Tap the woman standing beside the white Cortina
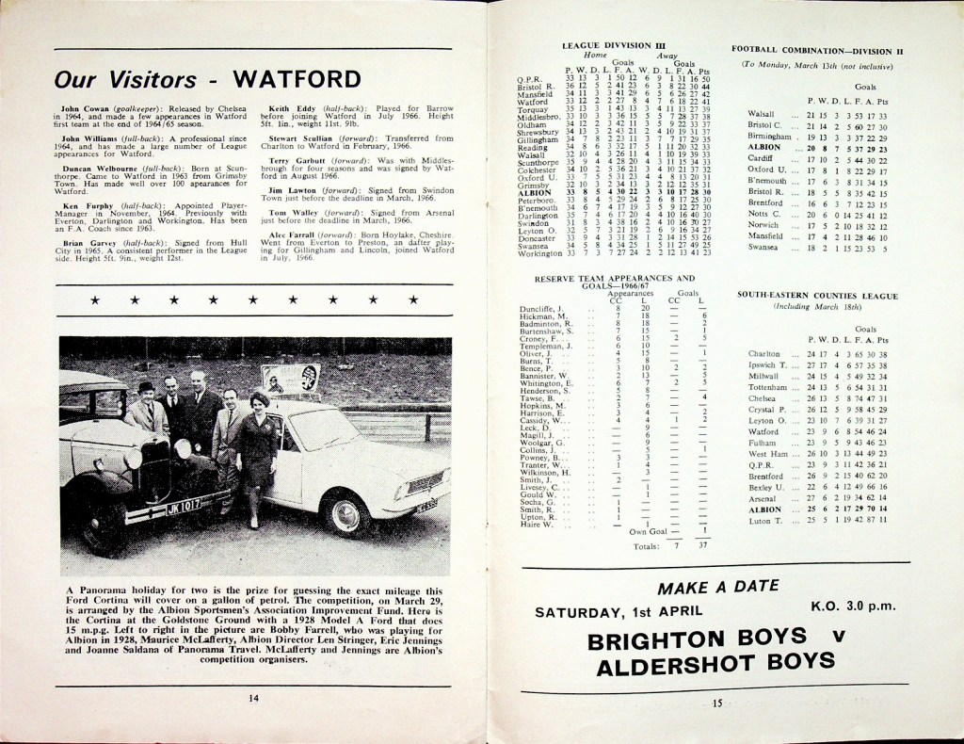click(x=257, y=457)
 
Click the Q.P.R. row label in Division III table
click(x=528, y=79)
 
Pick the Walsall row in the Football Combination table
click(x=762, y=114)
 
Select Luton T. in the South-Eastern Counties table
click(x=764, y=520)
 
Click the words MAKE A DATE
click(x=708, y=589)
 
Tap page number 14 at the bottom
click(x=252, y=698)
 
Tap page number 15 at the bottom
click(x=716, y=703)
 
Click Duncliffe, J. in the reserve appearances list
click(x=541, y=309)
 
